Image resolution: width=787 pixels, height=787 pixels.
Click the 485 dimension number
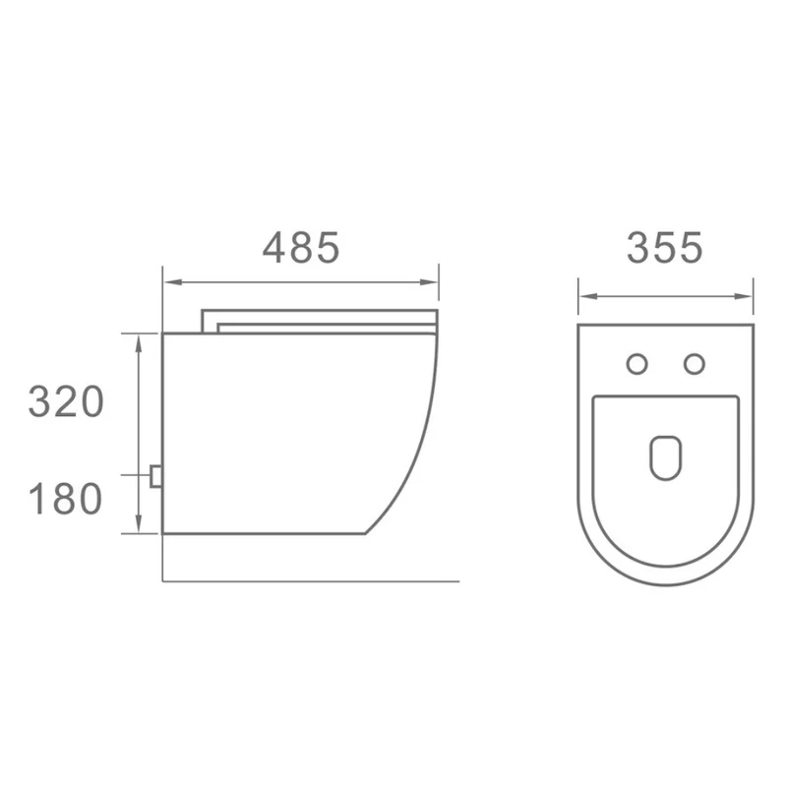301,248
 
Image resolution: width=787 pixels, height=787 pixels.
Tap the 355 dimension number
665,248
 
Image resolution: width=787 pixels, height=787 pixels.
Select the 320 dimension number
66,401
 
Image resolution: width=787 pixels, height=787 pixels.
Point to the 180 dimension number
66,499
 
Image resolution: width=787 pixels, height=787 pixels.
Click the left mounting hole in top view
636,364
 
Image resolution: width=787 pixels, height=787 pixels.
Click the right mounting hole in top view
695,364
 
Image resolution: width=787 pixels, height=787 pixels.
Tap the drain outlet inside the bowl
666,457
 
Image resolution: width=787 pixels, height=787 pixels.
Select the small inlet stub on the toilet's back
155,476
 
